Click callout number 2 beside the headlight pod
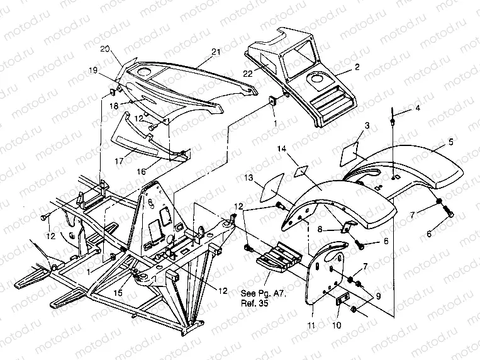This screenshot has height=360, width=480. pyautogui.click(x=357, y=66)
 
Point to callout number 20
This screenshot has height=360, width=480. pyautogui.click(x=106, y=48)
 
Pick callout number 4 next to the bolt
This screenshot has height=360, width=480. pyautogui.click(x=416, y=108)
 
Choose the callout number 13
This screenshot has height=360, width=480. pyautogui.click(x=249, y=178)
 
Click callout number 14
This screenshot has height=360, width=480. pyautogui.click(x=282, y=149)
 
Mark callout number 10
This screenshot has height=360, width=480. pyautogui.click(x=337, y=325)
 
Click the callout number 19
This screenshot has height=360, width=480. pyautogui.click(x=93, y=71)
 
